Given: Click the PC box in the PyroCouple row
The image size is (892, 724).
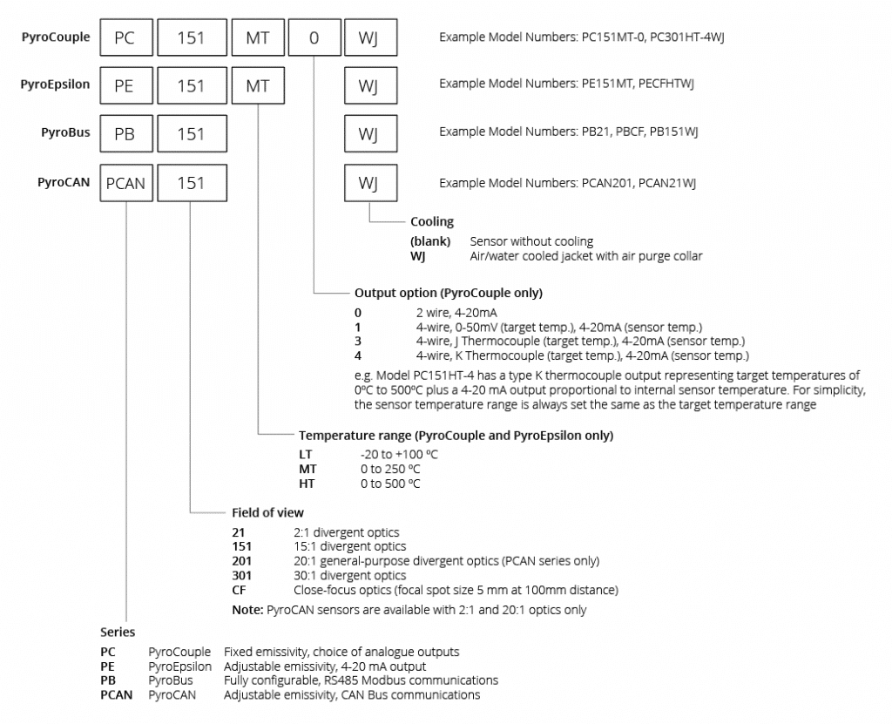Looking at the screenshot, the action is tap(126, 37).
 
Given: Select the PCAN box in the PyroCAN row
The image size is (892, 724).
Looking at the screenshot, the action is tap(126, 183).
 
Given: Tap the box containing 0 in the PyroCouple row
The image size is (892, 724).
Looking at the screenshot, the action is tap(314, 37).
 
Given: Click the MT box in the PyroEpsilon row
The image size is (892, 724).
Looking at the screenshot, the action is tap(258, 85).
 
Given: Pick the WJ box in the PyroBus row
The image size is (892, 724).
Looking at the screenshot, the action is tap(371, 134).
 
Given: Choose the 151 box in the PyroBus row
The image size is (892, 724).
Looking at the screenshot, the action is tap(193, 134).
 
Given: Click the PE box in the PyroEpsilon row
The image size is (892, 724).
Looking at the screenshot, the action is tap(126, 85).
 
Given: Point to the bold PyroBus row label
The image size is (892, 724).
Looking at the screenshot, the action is tap(65, 132).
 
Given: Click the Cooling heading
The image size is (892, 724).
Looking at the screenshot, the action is tap(432, 221).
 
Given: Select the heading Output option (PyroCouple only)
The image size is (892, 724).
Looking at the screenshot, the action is tap(449, 293).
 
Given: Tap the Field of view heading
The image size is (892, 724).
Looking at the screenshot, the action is tap(268, 513).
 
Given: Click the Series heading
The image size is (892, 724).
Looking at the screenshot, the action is tap(118, 632).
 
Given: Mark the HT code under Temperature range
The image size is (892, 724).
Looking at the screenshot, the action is tap(307, 484).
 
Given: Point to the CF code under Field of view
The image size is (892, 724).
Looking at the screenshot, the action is tap(239, 590).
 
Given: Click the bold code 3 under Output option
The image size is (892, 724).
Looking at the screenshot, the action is tap(358, 342).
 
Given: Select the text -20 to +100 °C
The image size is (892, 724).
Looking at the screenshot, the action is tap(399, 455).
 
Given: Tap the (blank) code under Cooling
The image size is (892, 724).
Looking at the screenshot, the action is tap(430, 241).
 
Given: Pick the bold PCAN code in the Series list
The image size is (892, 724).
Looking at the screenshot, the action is tap(117, 695).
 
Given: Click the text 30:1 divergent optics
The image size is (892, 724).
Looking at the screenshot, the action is tap(350, 575).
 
